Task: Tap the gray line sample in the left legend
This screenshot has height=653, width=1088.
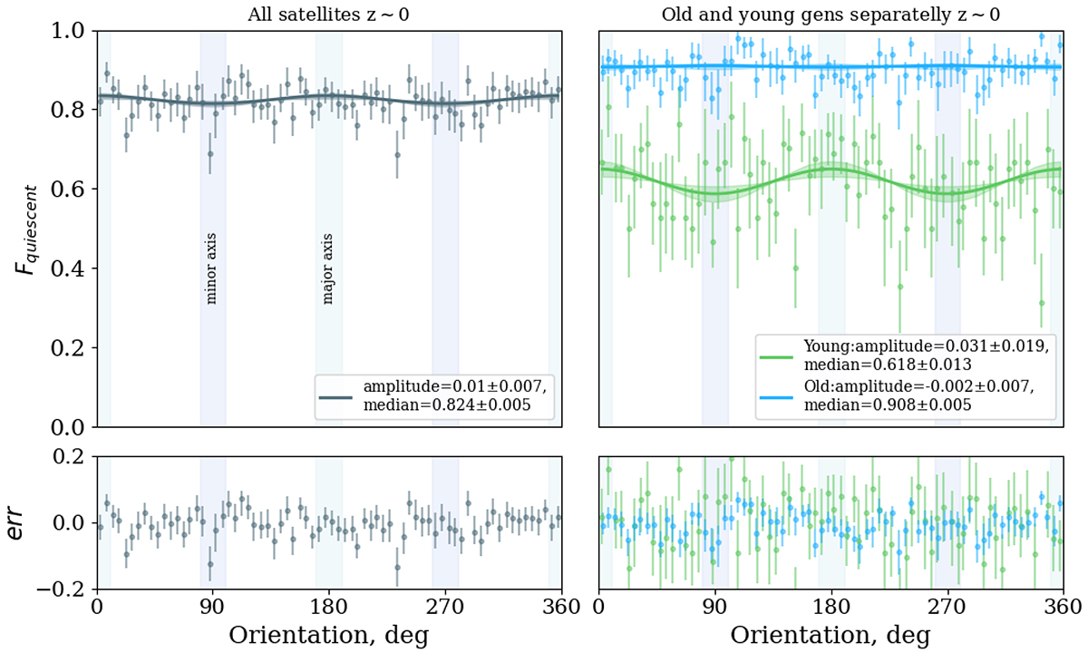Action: [x=335, y=396]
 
